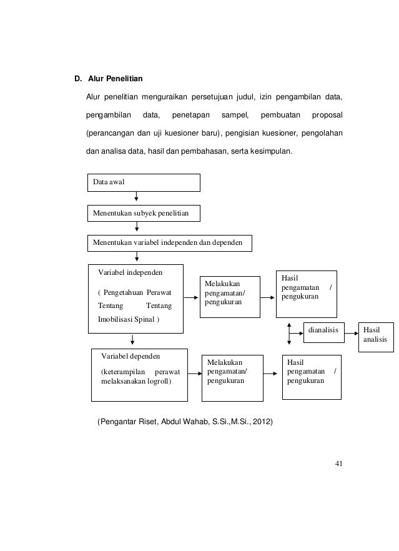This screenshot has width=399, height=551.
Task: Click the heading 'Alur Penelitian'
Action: pyautogui.click(x=116, y=79)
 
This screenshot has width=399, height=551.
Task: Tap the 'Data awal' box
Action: pyautogui.click(x=143, y=182)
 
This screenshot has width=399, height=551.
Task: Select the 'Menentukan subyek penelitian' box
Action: pyautogui.click(x=143, y=213)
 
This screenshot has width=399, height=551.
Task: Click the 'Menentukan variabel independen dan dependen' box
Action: pyautogui.click(x=169, y=242)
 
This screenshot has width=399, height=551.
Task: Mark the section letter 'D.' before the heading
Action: pyautogui.click(x=78, y=79)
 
